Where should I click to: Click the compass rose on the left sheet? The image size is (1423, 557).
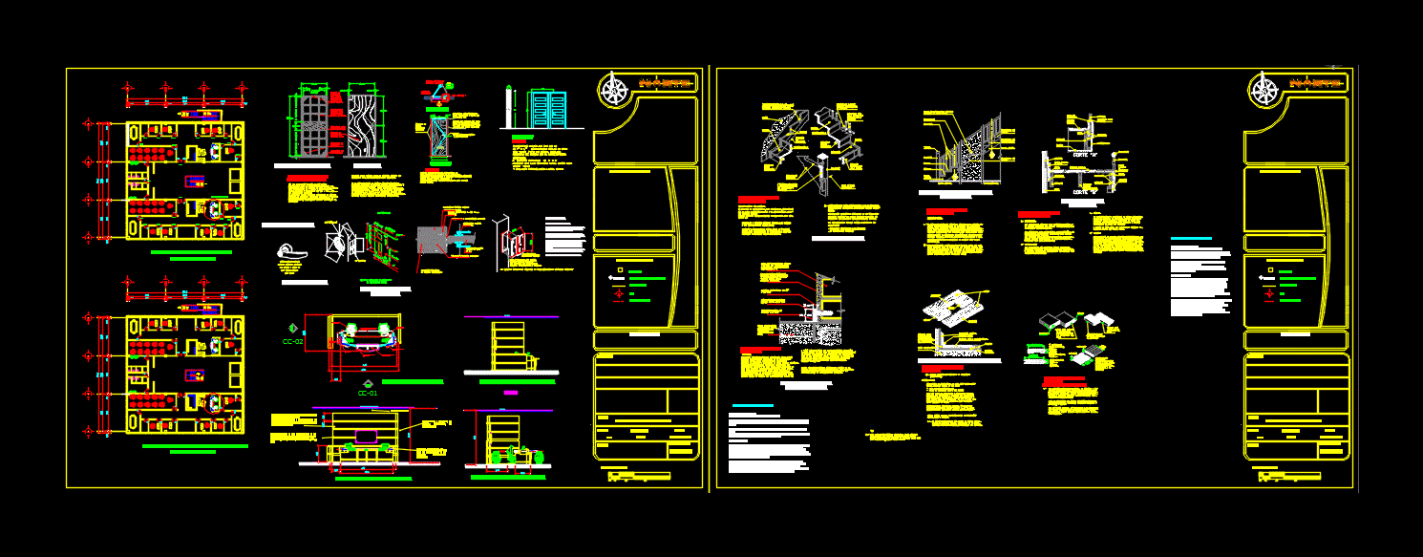(616, 91)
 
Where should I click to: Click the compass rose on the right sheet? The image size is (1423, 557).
(1266, 91)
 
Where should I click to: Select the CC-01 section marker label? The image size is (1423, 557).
(369, 392)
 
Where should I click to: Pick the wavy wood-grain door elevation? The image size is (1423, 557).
(364, 125)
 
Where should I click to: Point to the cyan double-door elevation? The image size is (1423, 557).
(547, 111)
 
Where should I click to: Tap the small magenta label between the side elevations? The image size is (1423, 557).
(510, 393)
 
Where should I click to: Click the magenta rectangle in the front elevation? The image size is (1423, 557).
(366, 436)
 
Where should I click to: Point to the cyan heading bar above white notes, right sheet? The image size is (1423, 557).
(1190, 239)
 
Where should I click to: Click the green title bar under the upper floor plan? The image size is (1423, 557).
(191, 252)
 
